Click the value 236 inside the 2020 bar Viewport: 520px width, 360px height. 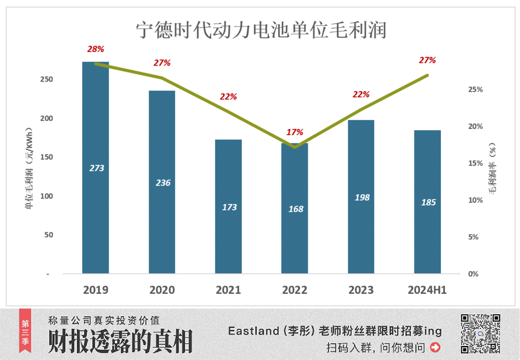(x=163, y=183)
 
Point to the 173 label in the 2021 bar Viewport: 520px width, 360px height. (x=229, y=207)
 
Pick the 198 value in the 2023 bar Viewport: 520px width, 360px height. (x=361, y=198)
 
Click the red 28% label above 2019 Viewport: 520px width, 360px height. (x=96, y=49)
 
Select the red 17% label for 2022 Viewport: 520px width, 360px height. (x=295, y=132)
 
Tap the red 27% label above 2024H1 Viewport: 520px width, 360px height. (x=427, y=60)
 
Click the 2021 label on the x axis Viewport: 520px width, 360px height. (x=229, y=290)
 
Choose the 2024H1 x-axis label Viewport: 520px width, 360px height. (x=427, y=290)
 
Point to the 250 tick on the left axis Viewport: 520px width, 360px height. (x=47, y=80)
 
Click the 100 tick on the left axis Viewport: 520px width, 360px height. (x=47, y=196)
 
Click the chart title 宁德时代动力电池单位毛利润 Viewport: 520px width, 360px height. (x=261, y=30)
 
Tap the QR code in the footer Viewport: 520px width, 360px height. (x=480, y=333)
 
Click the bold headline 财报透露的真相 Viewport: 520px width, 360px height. (x=121, y=341)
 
